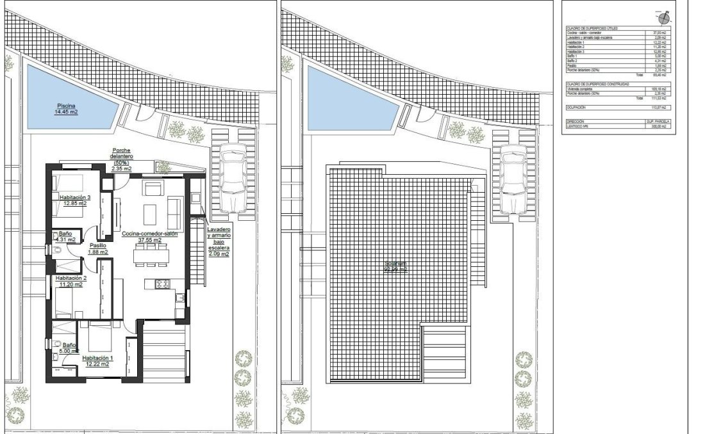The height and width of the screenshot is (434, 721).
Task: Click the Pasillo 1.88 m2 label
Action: click(x=97, y=248)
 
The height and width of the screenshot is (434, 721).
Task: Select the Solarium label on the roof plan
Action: click(x=396, y=266)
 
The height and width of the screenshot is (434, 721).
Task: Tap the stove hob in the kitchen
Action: click(x=163, y=284)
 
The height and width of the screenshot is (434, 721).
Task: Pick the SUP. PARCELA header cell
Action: click(x=656, y=121)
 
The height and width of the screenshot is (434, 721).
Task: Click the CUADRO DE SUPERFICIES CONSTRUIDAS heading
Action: click(x=597, y=84)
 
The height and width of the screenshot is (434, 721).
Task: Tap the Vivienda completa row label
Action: click(x=581, y=90)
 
